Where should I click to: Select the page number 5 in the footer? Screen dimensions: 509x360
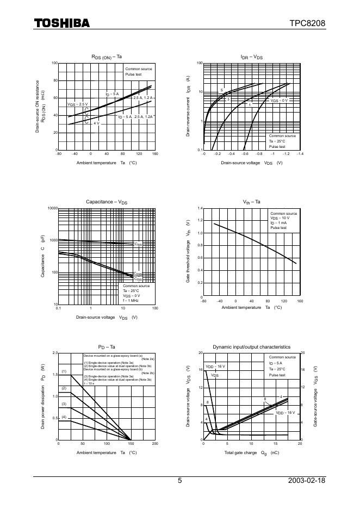point(180,481)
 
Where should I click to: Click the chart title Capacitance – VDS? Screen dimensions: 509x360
point(107,202)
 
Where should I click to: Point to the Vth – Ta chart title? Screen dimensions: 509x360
point(252,202)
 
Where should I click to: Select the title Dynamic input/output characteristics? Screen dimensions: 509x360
point(251,346)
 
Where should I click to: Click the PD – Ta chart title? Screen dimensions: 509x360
point(107,346)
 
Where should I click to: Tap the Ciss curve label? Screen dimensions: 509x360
point(138,245)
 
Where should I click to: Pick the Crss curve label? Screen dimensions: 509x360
point(138,279)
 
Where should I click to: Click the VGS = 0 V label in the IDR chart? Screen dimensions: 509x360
point(279,101)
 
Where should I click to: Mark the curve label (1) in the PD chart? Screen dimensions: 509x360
point(64,371)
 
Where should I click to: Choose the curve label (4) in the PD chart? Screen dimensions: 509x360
point(64,417)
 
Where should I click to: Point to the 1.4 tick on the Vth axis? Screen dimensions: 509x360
point(200,208)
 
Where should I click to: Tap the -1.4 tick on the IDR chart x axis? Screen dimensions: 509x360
point(300,154)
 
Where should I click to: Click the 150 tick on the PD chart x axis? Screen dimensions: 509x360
point(131,444)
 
